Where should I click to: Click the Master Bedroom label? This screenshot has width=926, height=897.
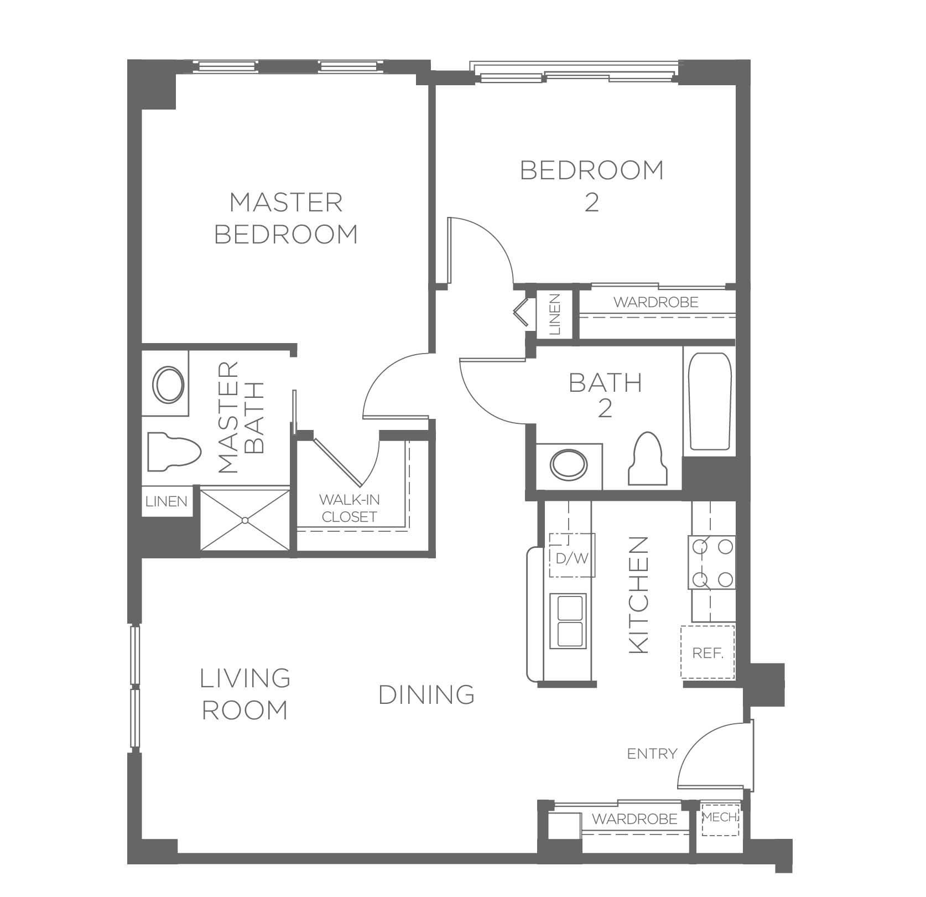tap(286, 218)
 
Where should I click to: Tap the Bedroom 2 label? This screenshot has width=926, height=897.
tap(592, 186)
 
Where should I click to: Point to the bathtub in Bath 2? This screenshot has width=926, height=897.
tap(709, 401)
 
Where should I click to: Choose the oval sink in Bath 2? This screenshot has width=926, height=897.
tap(569, 464)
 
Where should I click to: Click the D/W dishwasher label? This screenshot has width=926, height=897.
tap(572, 558)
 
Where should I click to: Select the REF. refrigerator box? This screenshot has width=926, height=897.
tap(707, 652)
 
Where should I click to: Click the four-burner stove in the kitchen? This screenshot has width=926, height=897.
tap(712, 563)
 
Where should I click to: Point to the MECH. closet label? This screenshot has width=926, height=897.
tap(720, 817)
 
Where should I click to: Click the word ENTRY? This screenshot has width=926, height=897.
tap(652, 753)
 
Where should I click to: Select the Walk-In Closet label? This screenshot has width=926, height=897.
tap(349, 508)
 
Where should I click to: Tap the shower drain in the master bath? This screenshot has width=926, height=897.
tap(244, 520)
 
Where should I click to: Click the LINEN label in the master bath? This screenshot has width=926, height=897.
tap(167, 501)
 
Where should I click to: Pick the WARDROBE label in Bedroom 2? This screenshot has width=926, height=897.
tap(656, 302)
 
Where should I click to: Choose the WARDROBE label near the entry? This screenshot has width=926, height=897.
tap(635, 818)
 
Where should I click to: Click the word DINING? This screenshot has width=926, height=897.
tap(426, 694)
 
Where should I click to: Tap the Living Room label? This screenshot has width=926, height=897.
tap(245, 693)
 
